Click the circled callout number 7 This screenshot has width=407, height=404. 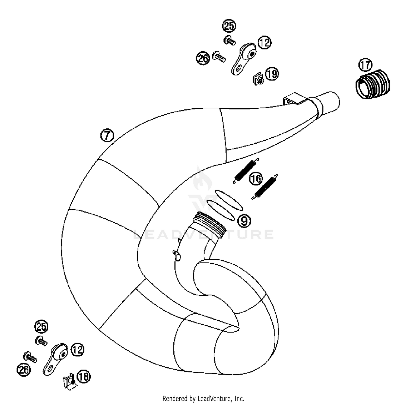pos(107,135)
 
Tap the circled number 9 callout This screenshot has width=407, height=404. pos(244,221)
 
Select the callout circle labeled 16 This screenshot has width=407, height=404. pos(256,179)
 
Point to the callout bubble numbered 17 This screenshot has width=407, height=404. pos(365,65)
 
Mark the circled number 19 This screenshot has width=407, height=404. pos(272,74)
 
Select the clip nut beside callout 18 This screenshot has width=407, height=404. pos(69,383)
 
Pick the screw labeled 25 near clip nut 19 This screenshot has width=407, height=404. pos(229,41)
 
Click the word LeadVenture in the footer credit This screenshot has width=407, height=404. pos(211,399)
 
